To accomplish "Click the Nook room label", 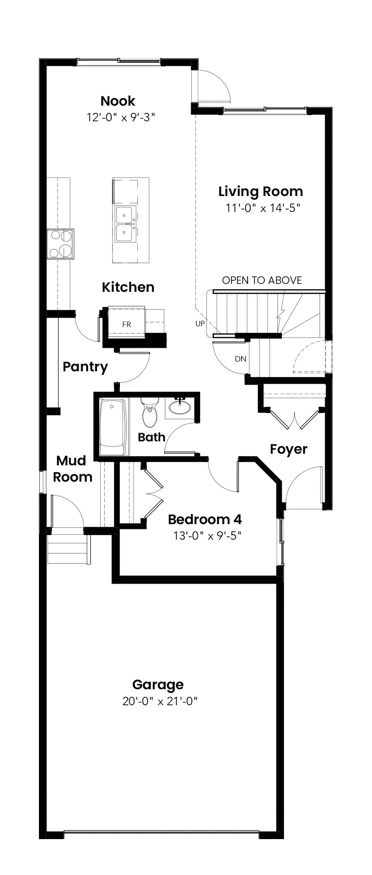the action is pyautogui.click(x=118, y=101).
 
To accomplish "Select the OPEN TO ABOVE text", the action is pyautogui.click(x=262, y=280).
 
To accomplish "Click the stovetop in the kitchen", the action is pyautogui.click(x=60, y=244).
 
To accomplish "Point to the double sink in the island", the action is pyautogui.click(x=125, y=225).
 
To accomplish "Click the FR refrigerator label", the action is pyautogui.click(x=126, y=325).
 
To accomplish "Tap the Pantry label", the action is pyautogui.click(x=85, y=367).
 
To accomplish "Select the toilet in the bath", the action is pyautogui.click(x=150, y=412).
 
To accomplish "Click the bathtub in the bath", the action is pyautogui.click(x=113, y=427).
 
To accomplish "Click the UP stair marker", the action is pyautogui.click(x=200, y=324).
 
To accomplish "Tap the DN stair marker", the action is pyautogui.click(x=240, y=359).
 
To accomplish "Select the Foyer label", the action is pyautogui.click(x=288, y=450).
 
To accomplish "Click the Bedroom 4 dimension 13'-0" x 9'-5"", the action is pyautogui.click(x=207, y=536).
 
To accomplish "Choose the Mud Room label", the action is pyautogui.click(x=73, y=469).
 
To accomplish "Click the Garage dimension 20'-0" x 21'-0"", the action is pyautogui.click(x=160, y=701).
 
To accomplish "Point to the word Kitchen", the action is pyautogui.click(x=128, y=287).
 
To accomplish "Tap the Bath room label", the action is pyautogui.click(x=151, y=437).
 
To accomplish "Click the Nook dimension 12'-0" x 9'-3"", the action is pyautogui.click(x=121, y=117).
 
